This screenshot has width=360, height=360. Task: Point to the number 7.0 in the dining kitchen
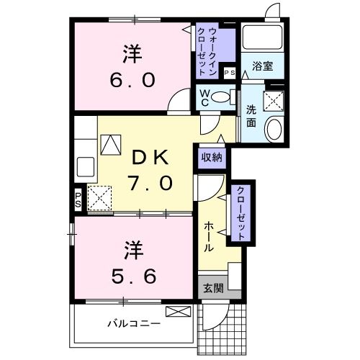[150, 182]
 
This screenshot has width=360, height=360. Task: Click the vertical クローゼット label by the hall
[239, 212]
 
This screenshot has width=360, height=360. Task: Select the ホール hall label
[208, 236]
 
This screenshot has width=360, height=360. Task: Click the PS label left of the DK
[78, 199]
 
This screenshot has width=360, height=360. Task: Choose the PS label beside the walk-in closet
[230, 73]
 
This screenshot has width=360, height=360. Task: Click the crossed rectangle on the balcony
[177, 312]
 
